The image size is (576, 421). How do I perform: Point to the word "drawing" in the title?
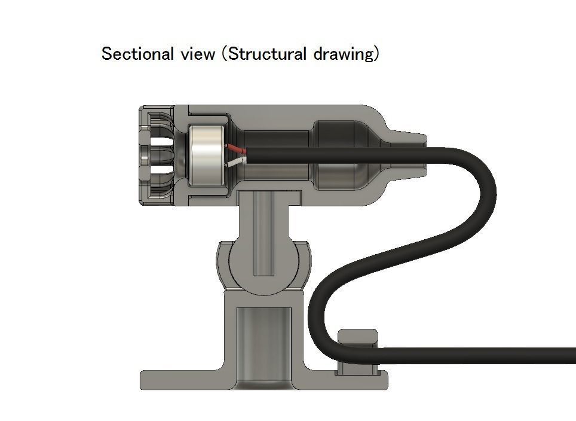(x=342, y=54)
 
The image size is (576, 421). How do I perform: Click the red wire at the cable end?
(x=235, y=149)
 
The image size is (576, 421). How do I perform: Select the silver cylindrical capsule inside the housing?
(x=206, y=156)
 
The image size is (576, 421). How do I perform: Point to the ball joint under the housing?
(x=264, y=263)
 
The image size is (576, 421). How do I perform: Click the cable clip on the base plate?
(x=358, y=353)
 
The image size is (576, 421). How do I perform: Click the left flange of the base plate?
(x=179, y=379)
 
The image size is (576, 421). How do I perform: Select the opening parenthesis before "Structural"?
(x=223, y=54)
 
